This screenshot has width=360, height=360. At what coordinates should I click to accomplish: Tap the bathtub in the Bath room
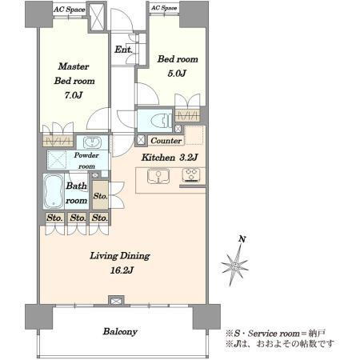pos(54,191)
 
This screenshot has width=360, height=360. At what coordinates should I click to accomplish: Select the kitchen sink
pos(158,176)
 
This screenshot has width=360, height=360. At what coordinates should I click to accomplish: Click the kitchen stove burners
pos(191,175)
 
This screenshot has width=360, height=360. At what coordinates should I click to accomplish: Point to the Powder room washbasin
pos(92,142)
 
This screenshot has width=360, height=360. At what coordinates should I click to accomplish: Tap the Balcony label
pos(120,331)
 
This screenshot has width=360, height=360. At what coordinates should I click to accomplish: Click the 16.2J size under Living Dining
pos(122,270)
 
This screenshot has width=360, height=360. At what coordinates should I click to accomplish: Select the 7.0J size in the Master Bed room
pos(74,95)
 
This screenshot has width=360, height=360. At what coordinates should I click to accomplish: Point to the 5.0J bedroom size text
pos(177,73)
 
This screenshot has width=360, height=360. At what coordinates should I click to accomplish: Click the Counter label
pos(166,141)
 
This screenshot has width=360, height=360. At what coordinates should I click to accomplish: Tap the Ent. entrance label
pos(123,50)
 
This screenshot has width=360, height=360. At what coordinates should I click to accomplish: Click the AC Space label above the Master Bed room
pos(70,10)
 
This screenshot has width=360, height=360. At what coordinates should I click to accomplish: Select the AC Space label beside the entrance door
pos(164,8)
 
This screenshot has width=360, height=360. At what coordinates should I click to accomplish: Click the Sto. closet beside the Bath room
pos(100,196)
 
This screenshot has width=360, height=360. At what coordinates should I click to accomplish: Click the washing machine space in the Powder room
pos(57,160)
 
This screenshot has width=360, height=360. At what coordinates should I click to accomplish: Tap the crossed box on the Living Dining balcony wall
pos(117,301)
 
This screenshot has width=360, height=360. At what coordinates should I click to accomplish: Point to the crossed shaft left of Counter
pos(141,140)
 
